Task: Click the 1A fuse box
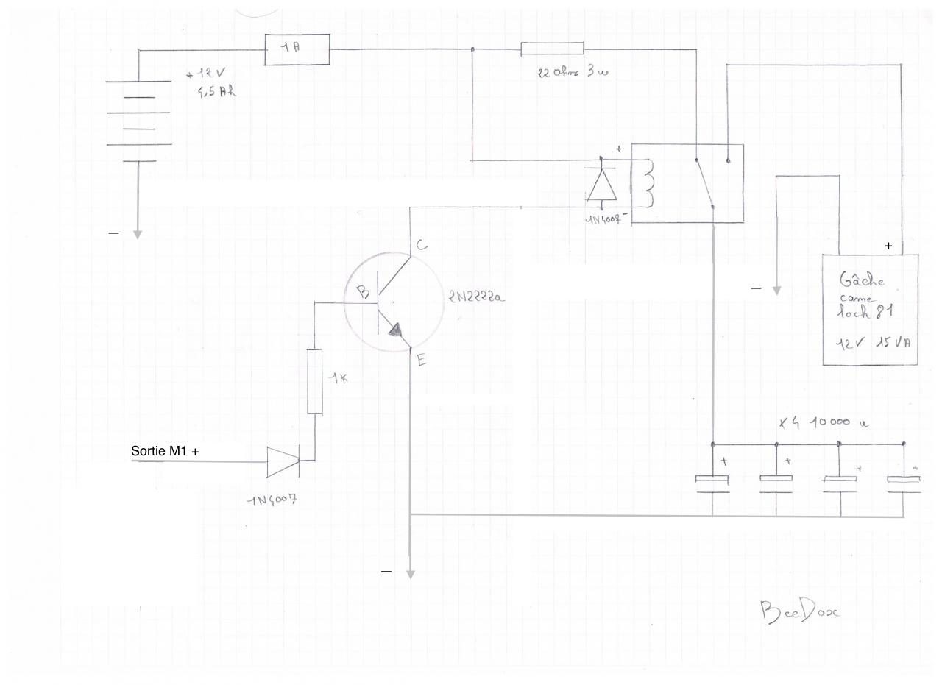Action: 297,49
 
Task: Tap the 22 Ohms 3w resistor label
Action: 573,72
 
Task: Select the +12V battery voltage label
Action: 207,74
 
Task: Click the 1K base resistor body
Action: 314,382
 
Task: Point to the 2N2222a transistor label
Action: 476,297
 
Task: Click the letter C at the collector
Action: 422,245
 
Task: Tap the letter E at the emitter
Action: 421,360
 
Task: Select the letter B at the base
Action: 363,292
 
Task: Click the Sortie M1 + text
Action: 165,451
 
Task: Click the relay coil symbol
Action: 647,183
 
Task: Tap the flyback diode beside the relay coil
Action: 602,185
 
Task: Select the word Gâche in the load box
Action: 862,280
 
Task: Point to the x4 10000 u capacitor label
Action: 824,422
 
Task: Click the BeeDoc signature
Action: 798,611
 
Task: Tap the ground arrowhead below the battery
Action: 137,234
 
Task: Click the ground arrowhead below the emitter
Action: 411,574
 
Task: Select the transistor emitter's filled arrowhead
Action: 396,332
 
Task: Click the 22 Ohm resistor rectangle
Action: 552,49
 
